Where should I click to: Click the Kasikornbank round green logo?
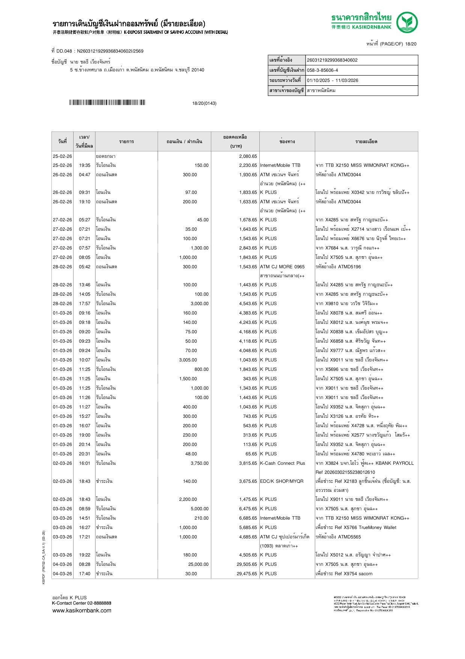(x=407, y=22)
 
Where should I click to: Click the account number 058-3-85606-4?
(x=322, y=70)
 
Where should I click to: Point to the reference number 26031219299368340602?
(x=332, y=60)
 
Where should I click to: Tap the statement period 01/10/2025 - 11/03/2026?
(x=333, y=80)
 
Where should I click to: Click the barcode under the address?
(x=107, y=103)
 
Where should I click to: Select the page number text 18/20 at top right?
(x=410, y=44)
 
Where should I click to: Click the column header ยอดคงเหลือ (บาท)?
(x=235, y=142)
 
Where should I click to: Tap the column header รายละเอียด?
(x=366, y=142)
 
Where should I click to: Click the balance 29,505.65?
(x=247, y=564)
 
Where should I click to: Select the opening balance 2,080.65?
(x=248, y=156)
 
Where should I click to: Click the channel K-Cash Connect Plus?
(x=283, y=463)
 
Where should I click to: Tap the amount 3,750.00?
(x=200, y=463)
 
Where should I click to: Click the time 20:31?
(x=84, y=454)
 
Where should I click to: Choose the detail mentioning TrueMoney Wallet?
(x=356, y=528)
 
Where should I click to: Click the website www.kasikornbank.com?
(x=82, y=611)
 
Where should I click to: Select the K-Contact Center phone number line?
(x=81, y=603)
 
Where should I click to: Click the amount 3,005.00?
(x=188, y=360)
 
